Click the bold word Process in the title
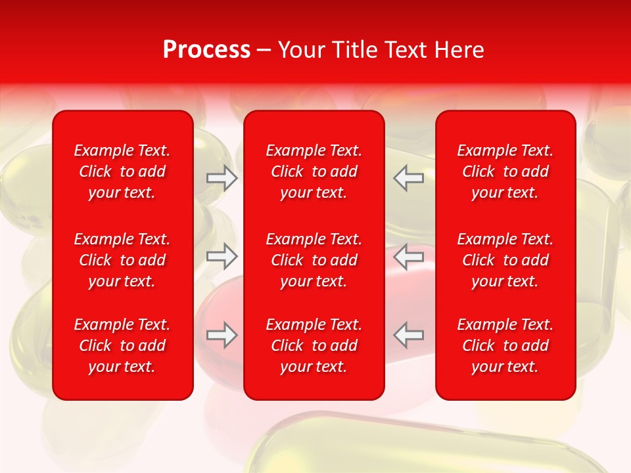click(206, 50)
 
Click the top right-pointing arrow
click(222, 178)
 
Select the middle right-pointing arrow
click(222, 256)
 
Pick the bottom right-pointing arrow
click(222, 335)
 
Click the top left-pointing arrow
click(409, 178)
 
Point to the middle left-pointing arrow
click(409, 256)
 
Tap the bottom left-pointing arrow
click(409, 335)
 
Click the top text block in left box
click(122, 171)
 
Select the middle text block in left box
click(122, 260)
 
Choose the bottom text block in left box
click(122, 346)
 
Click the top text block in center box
click(314, 171)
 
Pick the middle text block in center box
click(314, 260)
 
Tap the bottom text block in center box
click(314, 346)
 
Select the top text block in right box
click(505, 171)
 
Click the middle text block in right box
click(505, 260)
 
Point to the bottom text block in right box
click(505, 346)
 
